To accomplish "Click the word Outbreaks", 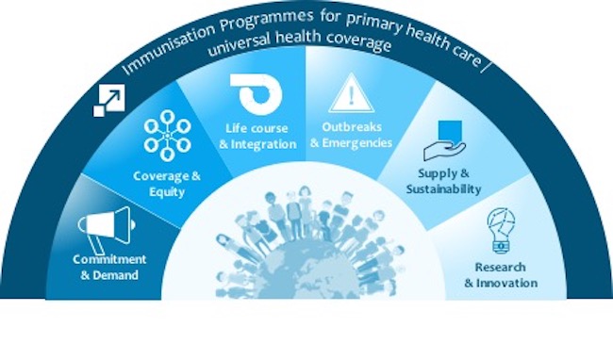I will click(350, 128).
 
